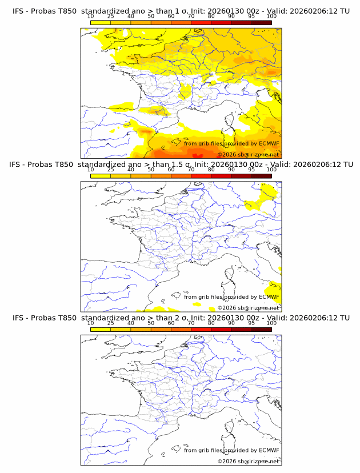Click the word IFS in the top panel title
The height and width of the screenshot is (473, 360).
(x=19, y=11)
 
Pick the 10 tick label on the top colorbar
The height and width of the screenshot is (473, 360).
(x=91, y=17)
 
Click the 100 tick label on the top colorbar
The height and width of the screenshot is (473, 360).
(x=271, y=17)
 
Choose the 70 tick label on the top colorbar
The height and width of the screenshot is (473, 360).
(x=191, y=17)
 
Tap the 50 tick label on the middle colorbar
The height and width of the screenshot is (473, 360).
(x=151, y=170)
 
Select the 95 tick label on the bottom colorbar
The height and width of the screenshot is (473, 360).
(x=251, y=323)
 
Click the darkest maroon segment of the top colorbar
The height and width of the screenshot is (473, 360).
(x=261, y=22)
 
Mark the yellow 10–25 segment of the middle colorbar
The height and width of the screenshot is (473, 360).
(x=101, y=176)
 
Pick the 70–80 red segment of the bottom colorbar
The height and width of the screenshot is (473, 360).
(x=201, y=329)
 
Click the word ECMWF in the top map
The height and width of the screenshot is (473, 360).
(x=269, y=143)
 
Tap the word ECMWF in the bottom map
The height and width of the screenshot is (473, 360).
(x=269, y=450)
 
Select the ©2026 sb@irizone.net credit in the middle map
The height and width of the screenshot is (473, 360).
(x=248, y=308)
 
